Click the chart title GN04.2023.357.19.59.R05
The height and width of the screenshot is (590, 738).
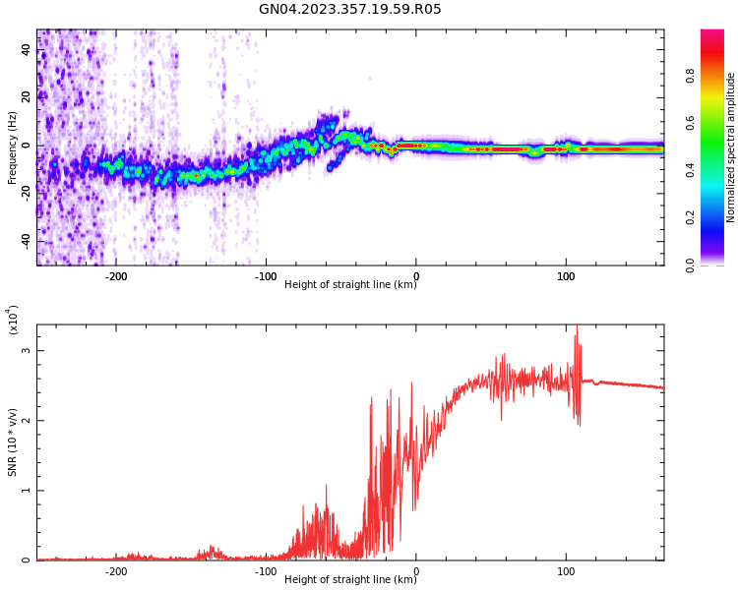349,9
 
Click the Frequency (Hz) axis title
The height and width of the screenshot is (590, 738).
12,147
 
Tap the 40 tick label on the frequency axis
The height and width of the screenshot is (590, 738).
27,49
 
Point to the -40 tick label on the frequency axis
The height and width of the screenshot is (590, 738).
27,242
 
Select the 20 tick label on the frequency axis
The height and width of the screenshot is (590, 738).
27,97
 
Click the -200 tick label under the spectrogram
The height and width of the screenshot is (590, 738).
115,276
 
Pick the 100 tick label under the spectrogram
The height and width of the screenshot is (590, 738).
566,276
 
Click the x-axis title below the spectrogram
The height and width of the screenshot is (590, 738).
350,284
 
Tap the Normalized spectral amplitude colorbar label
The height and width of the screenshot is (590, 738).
730,147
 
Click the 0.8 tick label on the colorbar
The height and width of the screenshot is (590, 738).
690,76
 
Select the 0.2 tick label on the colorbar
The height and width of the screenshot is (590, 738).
690,217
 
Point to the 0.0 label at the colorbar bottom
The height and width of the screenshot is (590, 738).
690,265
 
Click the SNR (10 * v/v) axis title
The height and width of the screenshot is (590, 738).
12,442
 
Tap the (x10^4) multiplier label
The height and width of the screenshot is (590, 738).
13,320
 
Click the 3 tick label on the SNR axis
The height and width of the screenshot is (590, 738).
27,350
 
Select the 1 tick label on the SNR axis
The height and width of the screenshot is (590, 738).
27,491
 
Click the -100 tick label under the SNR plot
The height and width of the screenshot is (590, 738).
266,571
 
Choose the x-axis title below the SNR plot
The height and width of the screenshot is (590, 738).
350,579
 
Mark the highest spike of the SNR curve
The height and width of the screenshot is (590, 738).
577,326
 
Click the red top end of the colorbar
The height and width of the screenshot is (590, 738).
712,32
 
